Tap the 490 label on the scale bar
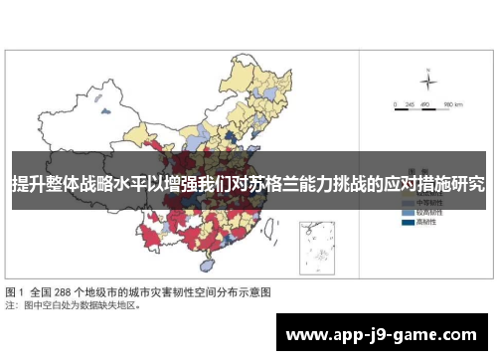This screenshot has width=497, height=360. (424, 103)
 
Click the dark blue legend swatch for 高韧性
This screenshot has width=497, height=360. (408, 223)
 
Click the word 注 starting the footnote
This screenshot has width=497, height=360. (9, 306)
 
